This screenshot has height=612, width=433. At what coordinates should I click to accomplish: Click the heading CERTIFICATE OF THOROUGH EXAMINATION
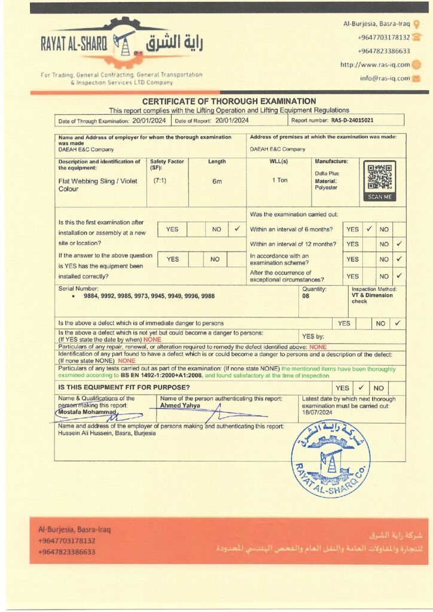tap(229, 102)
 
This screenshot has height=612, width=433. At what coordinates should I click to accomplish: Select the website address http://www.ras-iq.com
tap(375, 65)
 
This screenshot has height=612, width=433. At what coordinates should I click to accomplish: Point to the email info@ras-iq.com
tap(385, 78)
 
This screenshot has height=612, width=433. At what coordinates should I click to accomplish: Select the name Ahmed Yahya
tap(180, 405)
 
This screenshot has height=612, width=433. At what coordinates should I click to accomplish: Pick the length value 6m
tap(217, 181)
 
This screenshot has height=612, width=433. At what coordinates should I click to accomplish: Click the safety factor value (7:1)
tap(160, 180)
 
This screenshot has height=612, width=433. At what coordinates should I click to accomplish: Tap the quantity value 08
tap(306, 296)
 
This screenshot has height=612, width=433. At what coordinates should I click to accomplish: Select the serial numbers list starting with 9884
tap(140, 296)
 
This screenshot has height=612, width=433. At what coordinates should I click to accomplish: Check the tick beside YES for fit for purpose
tap(361, 388)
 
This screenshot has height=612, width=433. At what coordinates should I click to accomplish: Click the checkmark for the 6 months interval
tap(369, 229)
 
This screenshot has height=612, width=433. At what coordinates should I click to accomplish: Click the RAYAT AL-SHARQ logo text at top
tap(74, 44)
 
